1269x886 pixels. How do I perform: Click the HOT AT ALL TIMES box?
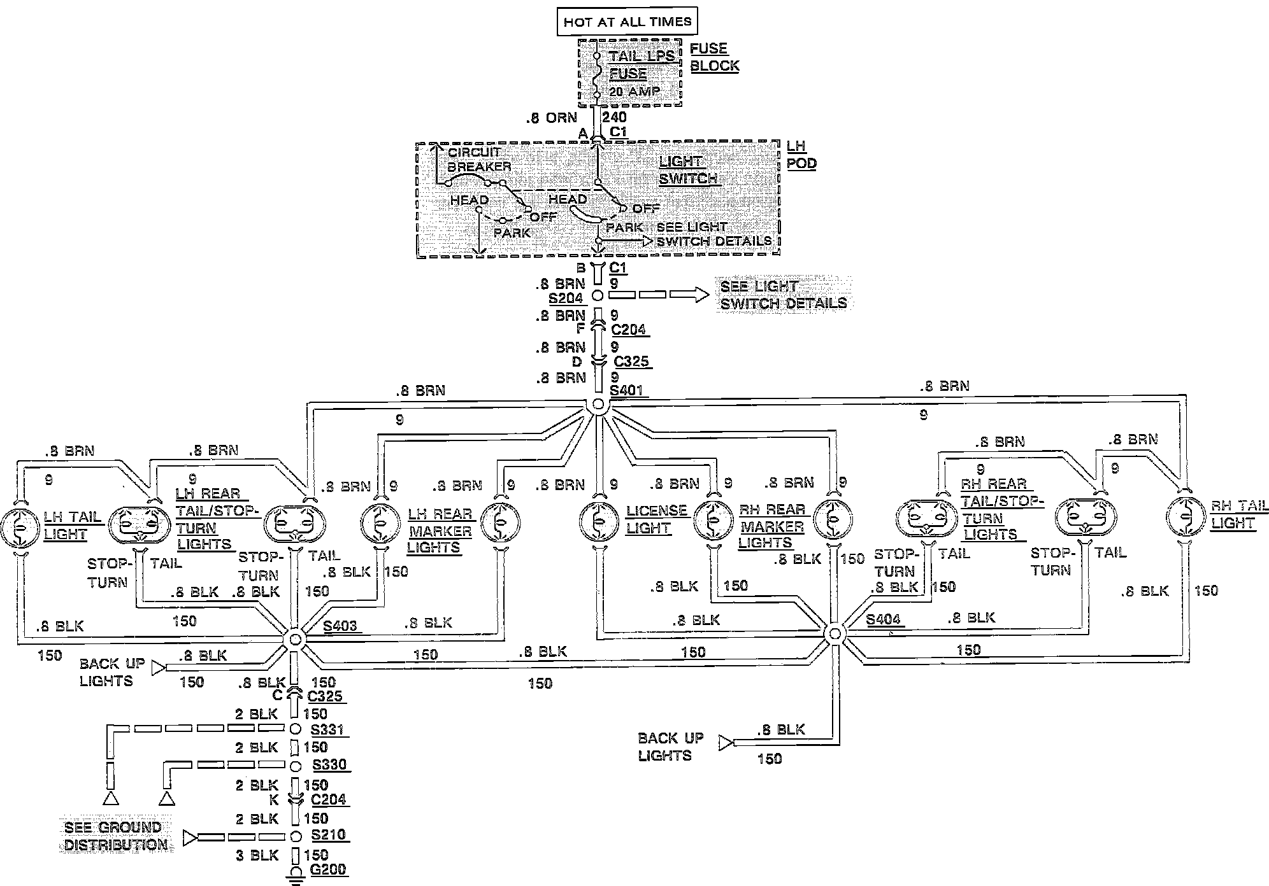coord(627,22)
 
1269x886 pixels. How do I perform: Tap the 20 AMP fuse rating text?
coord(634,92)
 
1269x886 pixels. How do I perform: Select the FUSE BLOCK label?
coord(714,57)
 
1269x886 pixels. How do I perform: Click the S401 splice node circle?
coord(598,404)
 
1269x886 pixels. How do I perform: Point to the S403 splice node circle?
coord(294,639)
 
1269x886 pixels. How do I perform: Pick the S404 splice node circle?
coord(834,633)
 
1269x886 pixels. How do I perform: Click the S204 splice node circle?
coord(598,295)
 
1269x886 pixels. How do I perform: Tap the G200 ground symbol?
coord(296,875)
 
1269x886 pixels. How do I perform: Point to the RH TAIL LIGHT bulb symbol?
coord(1187,516)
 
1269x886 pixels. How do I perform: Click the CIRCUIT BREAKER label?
coord(478,159)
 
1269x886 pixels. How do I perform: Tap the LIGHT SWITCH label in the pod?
coord(688,170)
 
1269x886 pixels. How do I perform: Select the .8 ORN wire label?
coord(551,118)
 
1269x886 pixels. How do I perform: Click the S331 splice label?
coord(328,729)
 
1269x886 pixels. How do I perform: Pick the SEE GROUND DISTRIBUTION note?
coord(115,836)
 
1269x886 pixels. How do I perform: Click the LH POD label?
coord(801,155)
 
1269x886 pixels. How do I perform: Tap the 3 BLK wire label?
coord(257,855)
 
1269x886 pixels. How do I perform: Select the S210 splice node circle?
coord(296,836)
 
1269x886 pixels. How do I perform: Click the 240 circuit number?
coord(614,117)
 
